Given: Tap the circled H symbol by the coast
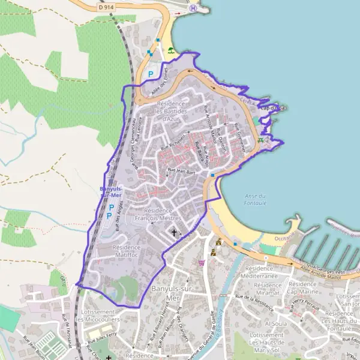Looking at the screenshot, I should [x=193, y=9].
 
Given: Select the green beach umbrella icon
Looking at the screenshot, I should [x=172, y=51].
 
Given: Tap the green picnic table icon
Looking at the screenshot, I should [x=260, y=140].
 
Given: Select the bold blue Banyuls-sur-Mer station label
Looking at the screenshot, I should [x=111, y=193].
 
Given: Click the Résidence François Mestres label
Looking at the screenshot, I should [x=158, y=215].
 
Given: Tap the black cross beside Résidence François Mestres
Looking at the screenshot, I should [x=175, y=232].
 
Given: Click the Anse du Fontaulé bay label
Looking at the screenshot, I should [x=256, y=200].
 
